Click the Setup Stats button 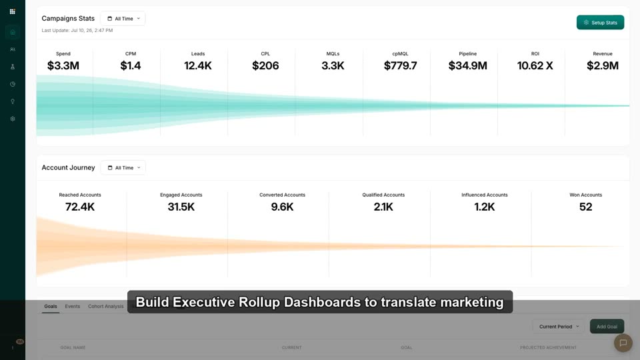tap(600, 23)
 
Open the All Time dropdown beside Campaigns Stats tap(123, 19)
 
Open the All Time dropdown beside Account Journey tap(123, 168)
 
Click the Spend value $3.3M tap(63, 66)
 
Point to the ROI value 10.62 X tap(535, 66)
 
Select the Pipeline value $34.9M tap(468, 66)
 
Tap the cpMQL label tap(400, 54)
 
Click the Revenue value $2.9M tap(603, 66)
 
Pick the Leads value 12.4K tap(198, 66)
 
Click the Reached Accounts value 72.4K tap(80, 207)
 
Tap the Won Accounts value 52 tap(586, 207)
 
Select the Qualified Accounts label tap(383, 195)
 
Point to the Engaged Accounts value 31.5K tap(181, 207)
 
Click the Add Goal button tap(607, 327)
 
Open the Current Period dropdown tap(559, 327)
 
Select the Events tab tap(72, 306)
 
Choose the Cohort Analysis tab tap(106, 306)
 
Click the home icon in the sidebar tap(13, 32)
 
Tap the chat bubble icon tap(623, 343)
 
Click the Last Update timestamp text tap(77, 30)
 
